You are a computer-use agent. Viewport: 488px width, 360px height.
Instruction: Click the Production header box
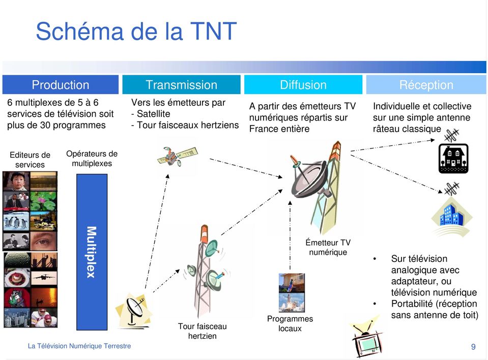(61, 84)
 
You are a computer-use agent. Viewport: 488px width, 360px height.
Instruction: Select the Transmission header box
(182, 84)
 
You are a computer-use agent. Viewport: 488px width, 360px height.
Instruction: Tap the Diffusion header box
(303, 84)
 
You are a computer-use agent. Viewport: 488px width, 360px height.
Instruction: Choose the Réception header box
(426, 84)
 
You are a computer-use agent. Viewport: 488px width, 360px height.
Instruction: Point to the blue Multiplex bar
(92, 252)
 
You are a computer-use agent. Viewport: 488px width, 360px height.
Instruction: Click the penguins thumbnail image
(16, 221)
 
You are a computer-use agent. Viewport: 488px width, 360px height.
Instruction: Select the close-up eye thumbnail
(44, 241)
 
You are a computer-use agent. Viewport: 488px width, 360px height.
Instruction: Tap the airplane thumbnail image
(44, 277)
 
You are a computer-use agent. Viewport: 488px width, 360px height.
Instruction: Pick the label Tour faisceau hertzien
(203, 331)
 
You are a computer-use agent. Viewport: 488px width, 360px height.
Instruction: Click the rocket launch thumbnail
(292, 303)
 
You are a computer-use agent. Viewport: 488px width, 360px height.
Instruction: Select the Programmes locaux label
(290, 323)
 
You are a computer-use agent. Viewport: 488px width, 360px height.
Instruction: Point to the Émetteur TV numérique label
(328, 247)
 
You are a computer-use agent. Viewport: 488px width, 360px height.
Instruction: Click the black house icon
(453, 158)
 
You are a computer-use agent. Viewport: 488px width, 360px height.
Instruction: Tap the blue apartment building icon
(452, 216)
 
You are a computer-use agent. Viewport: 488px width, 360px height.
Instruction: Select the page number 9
(473, 347)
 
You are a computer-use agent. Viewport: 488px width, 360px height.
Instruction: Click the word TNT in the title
(213, 31)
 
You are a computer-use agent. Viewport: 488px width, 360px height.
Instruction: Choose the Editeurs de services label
(30, 160)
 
